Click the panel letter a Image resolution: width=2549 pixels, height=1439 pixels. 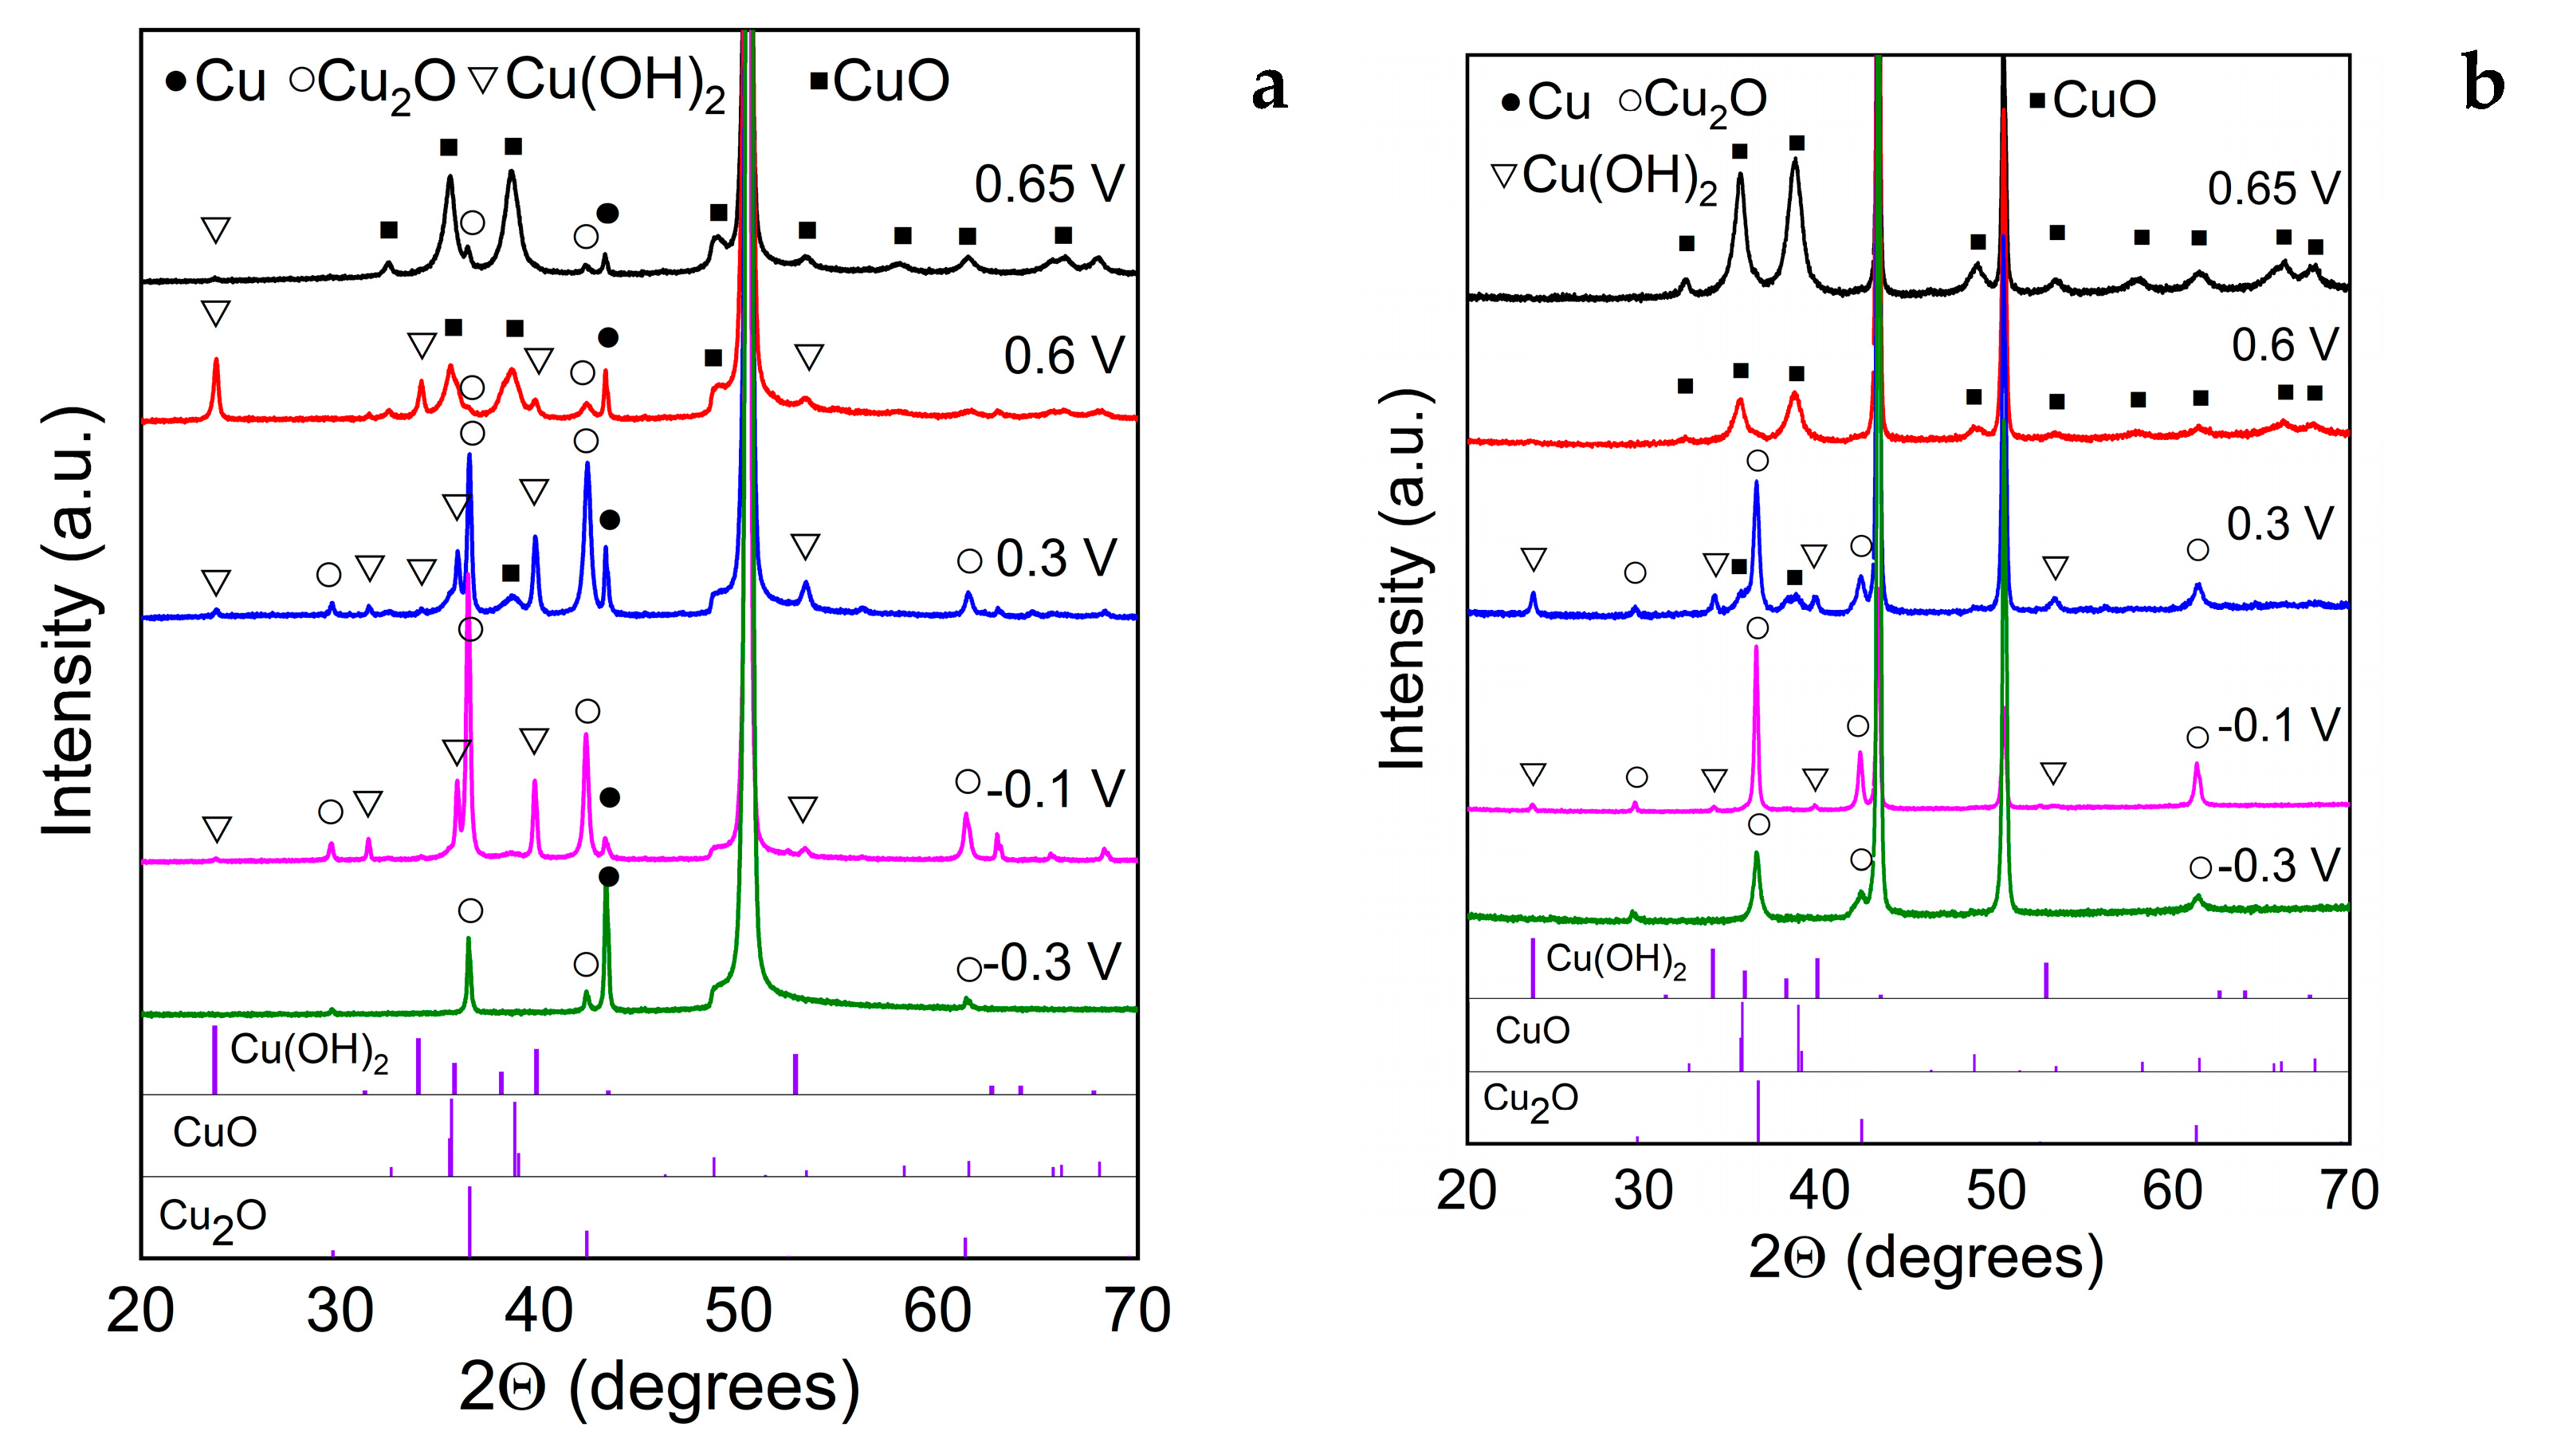click(1270, 87)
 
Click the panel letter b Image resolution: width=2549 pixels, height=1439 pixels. click(2483, 87)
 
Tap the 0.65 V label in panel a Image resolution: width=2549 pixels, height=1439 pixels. click(1049, 184)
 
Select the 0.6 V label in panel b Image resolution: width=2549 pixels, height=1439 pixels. click(2284, 344)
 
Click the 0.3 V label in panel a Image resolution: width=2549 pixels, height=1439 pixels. click(1056, 559)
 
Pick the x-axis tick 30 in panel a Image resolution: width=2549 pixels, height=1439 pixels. click(340, 1311)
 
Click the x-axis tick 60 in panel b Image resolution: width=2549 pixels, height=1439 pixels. click(2172, 1190)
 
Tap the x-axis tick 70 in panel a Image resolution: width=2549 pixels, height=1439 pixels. click(1138, 1311)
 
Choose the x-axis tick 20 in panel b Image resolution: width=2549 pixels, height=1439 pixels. click(1467, 1190)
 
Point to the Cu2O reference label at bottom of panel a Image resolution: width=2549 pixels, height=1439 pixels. click(213, 1218)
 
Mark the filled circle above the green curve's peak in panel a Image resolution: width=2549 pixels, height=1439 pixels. click(608, 877)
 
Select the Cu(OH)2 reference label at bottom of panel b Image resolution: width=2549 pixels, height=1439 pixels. click(1616, 960)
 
